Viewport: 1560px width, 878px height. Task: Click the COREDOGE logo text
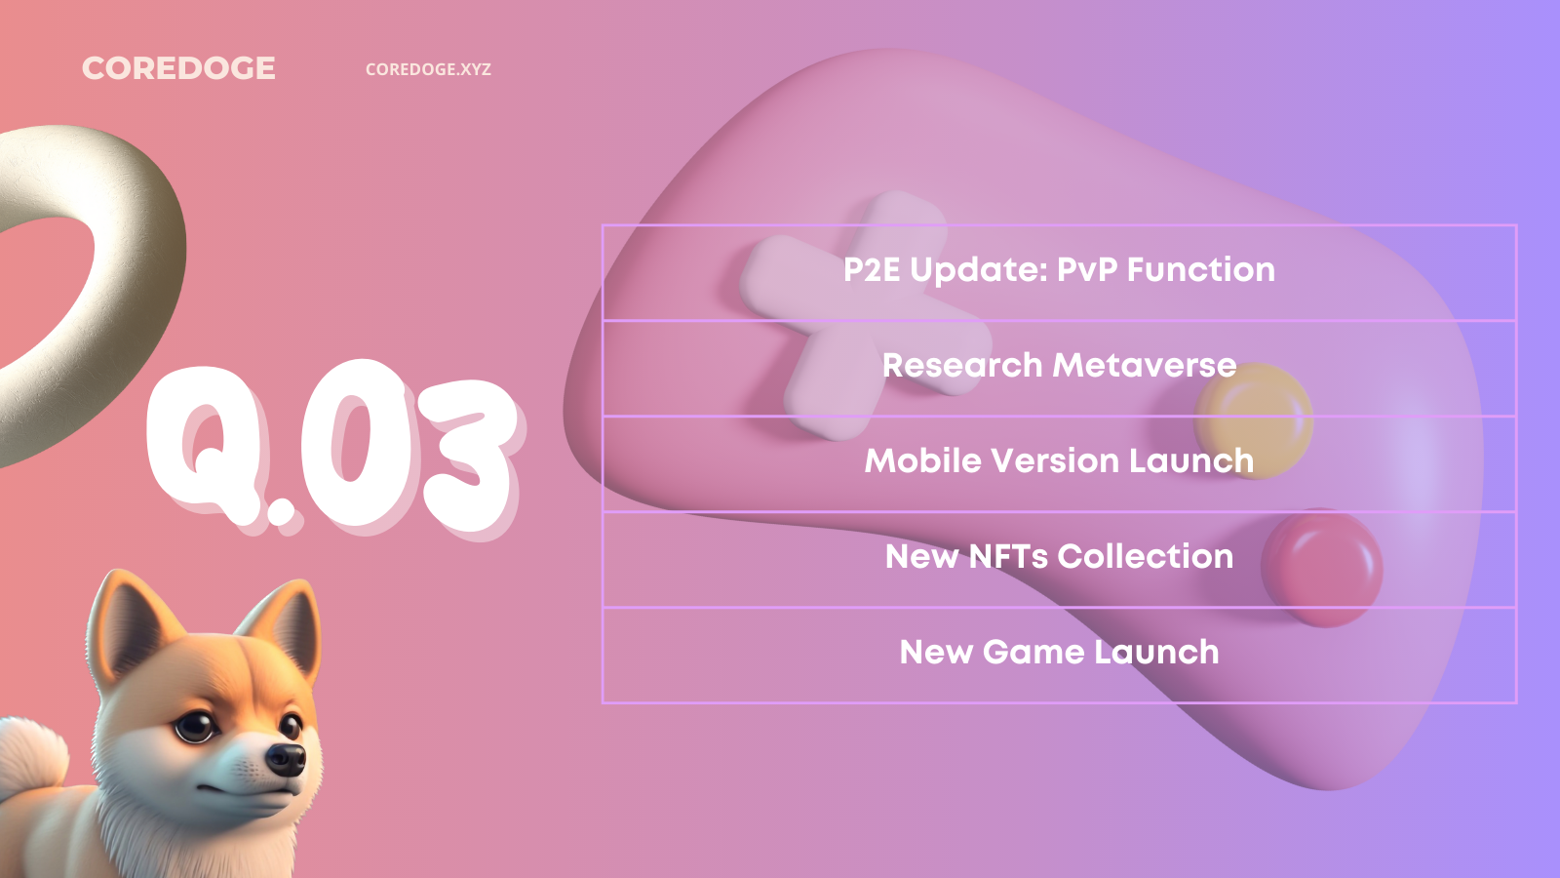[x=179, y=68]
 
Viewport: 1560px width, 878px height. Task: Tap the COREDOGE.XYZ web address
[x=428, y=69]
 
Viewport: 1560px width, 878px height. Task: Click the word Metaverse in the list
[x=1145, y=365]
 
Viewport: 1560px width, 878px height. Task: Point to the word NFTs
[x=1008, y=556]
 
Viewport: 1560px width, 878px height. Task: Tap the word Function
[x=1200, y=269]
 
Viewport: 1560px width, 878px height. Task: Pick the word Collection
[x=1146, y=556]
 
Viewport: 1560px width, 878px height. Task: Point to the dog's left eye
[x=196, y=726]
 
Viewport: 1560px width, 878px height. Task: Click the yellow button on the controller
[x=1254, y=420]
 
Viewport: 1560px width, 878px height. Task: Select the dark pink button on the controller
[x=1322, y=568]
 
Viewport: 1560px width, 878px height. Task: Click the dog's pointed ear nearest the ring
[x=129, y=620]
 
